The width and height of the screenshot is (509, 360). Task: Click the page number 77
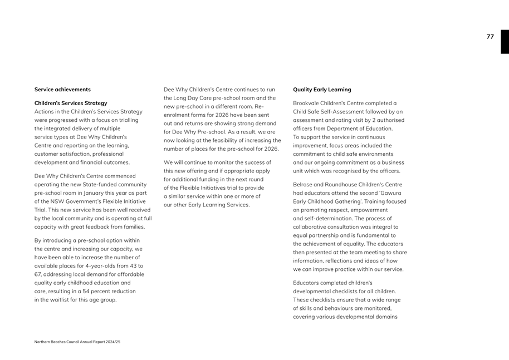click(x=490, y=37)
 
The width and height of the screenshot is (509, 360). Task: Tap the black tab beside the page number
click(x=505, y=42)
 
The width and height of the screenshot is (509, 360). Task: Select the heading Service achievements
click(x=62, y=90)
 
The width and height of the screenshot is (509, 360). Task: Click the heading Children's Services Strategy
click(x=71, y=103)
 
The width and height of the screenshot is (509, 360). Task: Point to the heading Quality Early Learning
click(x=322, y=90)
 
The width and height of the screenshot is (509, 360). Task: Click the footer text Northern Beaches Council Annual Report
click(x=77, y=342)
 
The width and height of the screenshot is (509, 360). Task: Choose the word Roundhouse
click(x=342, y=184)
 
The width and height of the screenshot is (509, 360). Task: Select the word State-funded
click(x=100, y=184)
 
